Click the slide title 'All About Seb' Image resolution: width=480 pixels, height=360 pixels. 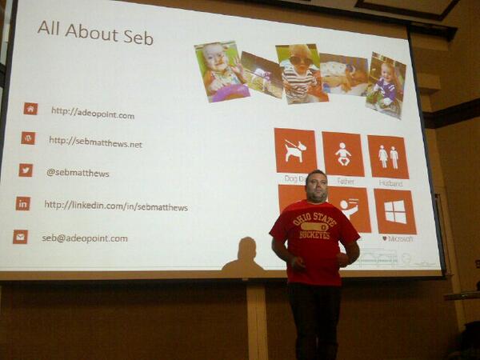point(95,36)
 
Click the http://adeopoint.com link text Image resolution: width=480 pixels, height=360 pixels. point(93,114)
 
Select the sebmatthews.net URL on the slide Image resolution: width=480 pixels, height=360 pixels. point(95,142)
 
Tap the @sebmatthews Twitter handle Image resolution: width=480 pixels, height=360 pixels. point(78,172)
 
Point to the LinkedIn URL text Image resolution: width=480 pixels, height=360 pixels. point(116,206)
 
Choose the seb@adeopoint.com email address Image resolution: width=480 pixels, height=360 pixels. point(85,238)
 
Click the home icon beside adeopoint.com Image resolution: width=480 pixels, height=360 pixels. point(30,109)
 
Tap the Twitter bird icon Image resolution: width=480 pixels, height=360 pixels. point(26,170)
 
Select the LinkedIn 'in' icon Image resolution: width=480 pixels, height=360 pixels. point(23,203)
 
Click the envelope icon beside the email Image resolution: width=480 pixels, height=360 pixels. point(20,237)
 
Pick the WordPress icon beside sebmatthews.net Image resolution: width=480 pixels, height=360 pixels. point(28,138)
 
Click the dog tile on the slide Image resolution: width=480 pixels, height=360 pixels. point(295,150)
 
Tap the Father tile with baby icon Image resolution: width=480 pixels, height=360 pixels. point(343,154)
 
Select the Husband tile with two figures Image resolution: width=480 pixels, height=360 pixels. point(388,156)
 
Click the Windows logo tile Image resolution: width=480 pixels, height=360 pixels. point(394,211)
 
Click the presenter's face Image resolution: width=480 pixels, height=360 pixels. point(315,186)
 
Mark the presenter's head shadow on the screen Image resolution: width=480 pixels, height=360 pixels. point(246,250)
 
